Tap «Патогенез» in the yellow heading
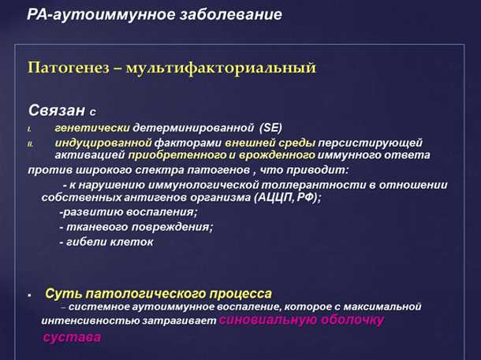[x=65, y=69]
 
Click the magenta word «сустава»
[x=71, y=337]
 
